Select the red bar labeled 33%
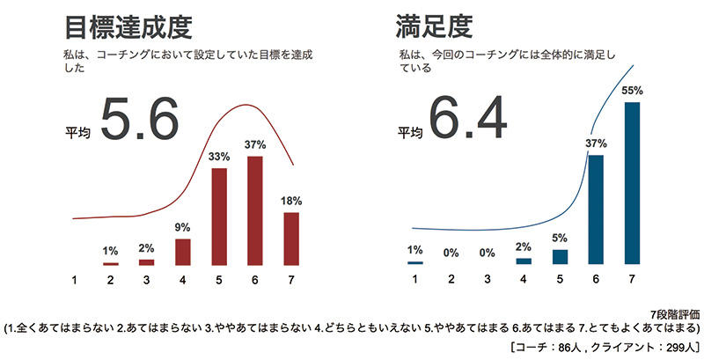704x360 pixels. (220, 217)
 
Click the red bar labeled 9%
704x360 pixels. (183, 252)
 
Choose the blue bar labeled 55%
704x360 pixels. (632, 183)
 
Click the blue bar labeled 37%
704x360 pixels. (596, 209)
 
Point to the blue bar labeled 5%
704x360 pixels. (560, 256)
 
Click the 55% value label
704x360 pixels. (632, 90)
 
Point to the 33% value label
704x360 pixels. (220, 157)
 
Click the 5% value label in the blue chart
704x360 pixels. (560, 238)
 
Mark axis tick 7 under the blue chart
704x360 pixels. (632, 280)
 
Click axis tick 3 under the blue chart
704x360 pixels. (488, 280)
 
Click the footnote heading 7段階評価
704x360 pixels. (675, 313)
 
